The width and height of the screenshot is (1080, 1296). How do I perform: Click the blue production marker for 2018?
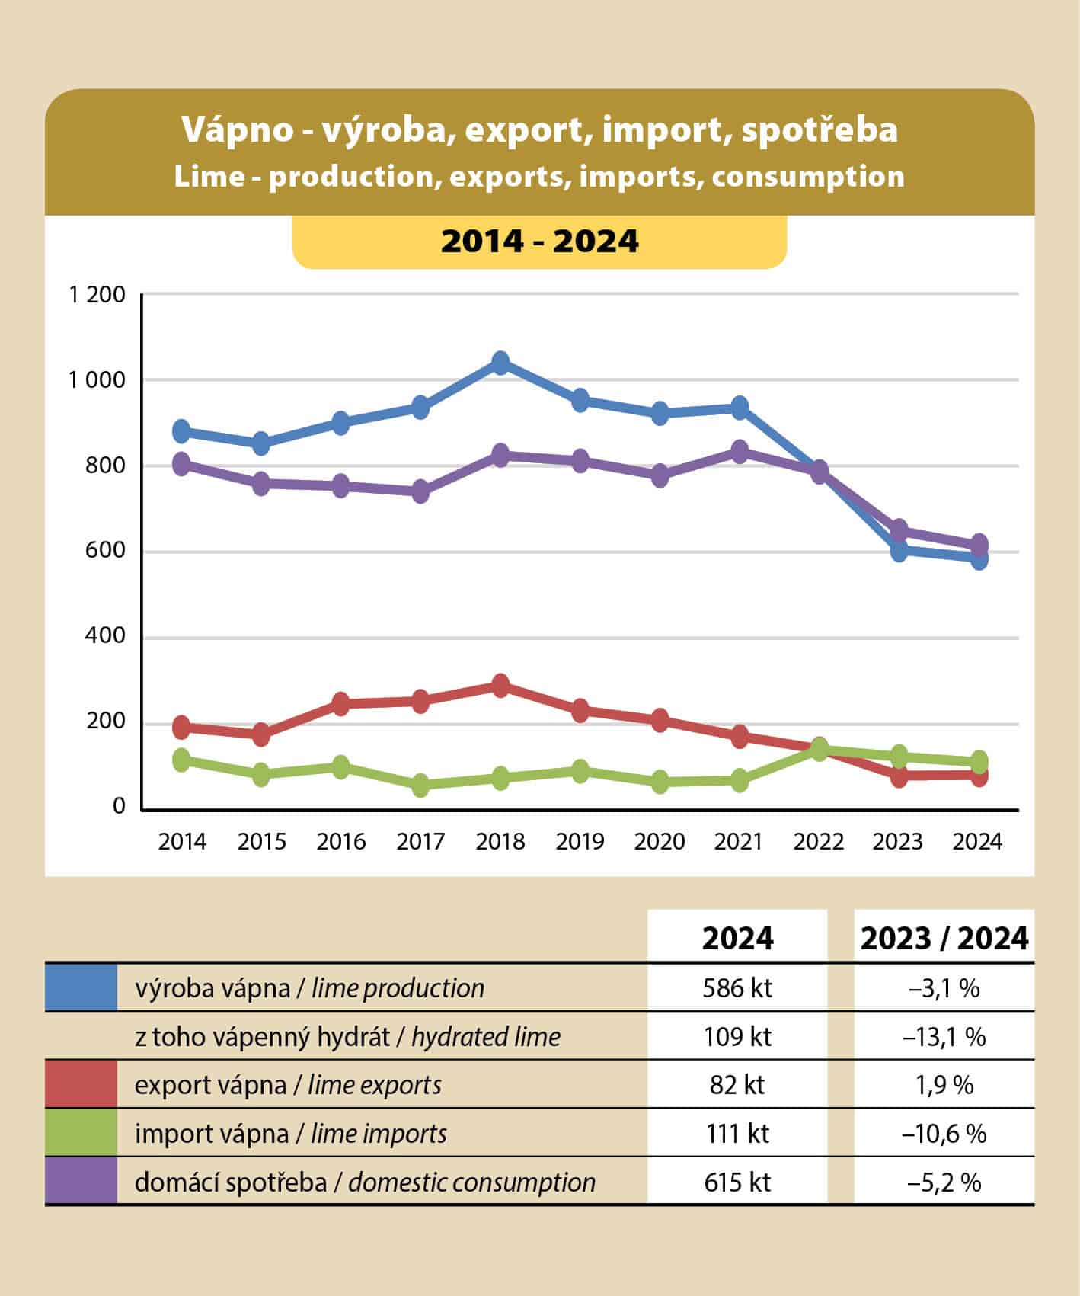pyautogui.click(x=500, y=363)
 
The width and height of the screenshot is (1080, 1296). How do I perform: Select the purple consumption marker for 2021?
pyautogui.click(x=740, y=451)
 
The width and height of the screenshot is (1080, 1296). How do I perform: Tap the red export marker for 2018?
pyautogui.click(x=500, y=686)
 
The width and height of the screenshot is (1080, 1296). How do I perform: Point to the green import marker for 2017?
pyautogui.click(x=420, y=786)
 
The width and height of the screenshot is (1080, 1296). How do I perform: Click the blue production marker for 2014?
pyautogui.click(x=182, y=431)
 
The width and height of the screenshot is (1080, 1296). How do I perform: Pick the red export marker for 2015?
pyautogui.click(x=261, y=735)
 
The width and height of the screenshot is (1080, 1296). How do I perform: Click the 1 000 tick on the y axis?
pyautogui.click(x=97, y=379)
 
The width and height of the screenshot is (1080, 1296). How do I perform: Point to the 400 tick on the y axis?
pyautogui.click(x=106, y=637)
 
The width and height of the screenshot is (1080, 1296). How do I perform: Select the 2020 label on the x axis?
pyautogui.click(x=660, y=842)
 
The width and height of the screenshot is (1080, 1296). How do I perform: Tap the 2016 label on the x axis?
pyautogui.click(x=341, y=842)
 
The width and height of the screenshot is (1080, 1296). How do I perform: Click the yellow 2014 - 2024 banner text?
pyautogui.click(x=539, y=242)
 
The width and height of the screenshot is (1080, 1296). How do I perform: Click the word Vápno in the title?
pyautogui.click(x=237, y=130)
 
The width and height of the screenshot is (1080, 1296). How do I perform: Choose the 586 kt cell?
pyautogui.click(x=737, y=988)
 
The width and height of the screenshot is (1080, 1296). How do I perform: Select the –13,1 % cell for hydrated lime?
pyautogui.click(x=944, y=1037)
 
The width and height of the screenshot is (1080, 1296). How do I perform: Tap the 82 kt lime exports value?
pyautogui.click(x=737, y=1085)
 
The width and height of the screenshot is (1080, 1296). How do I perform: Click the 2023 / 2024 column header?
pyautogui.click(x=944, y=938)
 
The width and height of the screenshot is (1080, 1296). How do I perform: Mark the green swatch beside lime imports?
pyautogui.click(x=81, y=1133)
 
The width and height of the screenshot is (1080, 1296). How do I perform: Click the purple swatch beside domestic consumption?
pyautogui.click(x=81, y=1181)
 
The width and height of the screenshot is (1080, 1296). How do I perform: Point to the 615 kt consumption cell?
pyautogui.click(x=737, y=1182)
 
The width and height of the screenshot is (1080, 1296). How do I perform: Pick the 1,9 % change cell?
pyautogui.click(x=944, y=1085)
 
